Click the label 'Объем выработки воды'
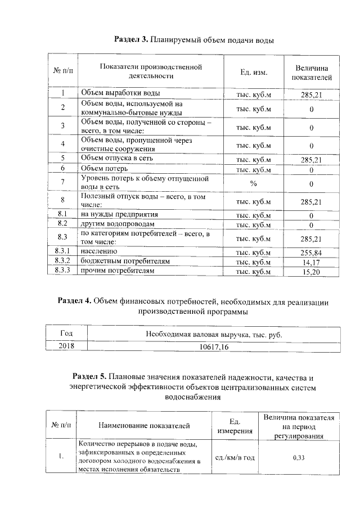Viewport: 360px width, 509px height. [120, 93]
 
